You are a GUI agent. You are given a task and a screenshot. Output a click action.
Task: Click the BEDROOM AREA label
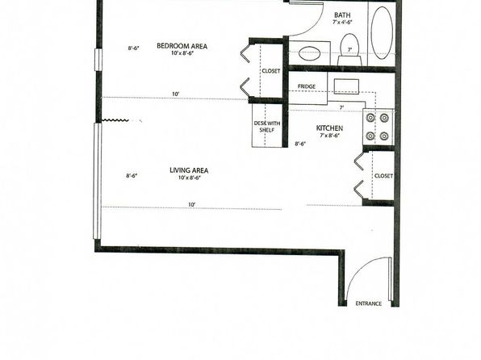[182, 46]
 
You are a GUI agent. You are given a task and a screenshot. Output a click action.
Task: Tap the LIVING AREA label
[189, 170]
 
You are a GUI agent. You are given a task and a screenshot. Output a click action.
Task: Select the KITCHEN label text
[329, 128]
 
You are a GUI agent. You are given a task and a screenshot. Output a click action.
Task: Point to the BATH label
[342, 15]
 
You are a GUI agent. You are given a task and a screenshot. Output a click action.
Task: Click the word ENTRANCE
[369, 303]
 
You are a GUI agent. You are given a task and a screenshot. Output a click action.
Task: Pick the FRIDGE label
[307, 86]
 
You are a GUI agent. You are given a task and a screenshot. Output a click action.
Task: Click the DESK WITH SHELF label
[267, 127]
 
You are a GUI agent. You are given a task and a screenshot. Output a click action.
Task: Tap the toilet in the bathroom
[349, 50]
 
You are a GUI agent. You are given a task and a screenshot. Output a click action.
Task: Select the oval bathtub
[382, 33]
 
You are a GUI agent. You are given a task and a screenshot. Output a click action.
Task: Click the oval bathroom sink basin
[309, 54]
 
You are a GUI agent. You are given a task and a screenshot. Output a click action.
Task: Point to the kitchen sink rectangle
[347, 86]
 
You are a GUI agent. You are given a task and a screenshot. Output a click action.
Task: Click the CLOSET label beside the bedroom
[271, 71]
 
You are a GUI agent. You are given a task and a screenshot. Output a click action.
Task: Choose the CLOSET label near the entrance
[383, 176]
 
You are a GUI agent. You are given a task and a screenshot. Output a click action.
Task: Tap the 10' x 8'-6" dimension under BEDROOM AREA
[182, 53]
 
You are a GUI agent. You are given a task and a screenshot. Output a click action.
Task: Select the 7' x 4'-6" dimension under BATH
[342, 22]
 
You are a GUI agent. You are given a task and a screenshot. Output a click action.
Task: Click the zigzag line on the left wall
[115, 120]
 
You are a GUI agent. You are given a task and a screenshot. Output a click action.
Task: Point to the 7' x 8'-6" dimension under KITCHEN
[330, 136]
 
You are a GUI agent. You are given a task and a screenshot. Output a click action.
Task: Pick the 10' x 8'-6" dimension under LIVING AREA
[190, 178]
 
